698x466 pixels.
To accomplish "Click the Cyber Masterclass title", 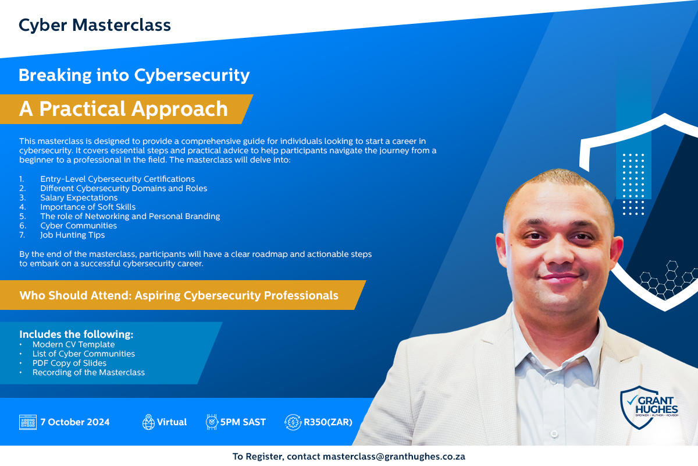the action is pos(95,25).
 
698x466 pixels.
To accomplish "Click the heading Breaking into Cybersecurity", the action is pos(134,76).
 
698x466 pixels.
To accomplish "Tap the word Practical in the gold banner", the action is pos(82,109).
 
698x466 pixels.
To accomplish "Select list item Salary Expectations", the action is pos(79,197).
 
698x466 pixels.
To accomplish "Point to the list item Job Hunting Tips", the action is pos(72,235).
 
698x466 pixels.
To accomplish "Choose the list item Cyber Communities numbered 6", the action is pos(79,225).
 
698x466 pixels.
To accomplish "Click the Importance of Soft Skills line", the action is pos(88,207).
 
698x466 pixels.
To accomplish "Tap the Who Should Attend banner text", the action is pos(179,295).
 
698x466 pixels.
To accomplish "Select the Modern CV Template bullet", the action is pos(73,344).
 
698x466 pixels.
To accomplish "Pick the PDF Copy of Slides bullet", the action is pos(69,363).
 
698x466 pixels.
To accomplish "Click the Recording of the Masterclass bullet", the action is pos(88,372).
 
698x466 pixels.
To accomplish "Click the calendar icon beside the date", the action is pos(28,422).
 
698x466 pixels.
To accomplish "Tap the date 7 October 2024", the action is pos(75,422).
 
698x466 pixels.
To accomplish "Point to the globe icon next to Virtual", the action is pos(148,422).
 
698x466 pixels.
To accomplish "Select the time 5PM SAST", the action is pos(243,422).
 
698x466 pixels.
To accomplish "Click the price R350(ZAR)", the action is pos(328,422).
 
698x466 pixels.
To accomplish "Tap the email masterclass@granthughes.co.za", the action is pos(394,457).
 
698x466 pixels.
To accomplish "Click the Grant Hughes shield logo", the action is pos(649,407).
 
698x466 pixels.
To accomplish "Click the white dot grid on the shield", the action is pos(633,184).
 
